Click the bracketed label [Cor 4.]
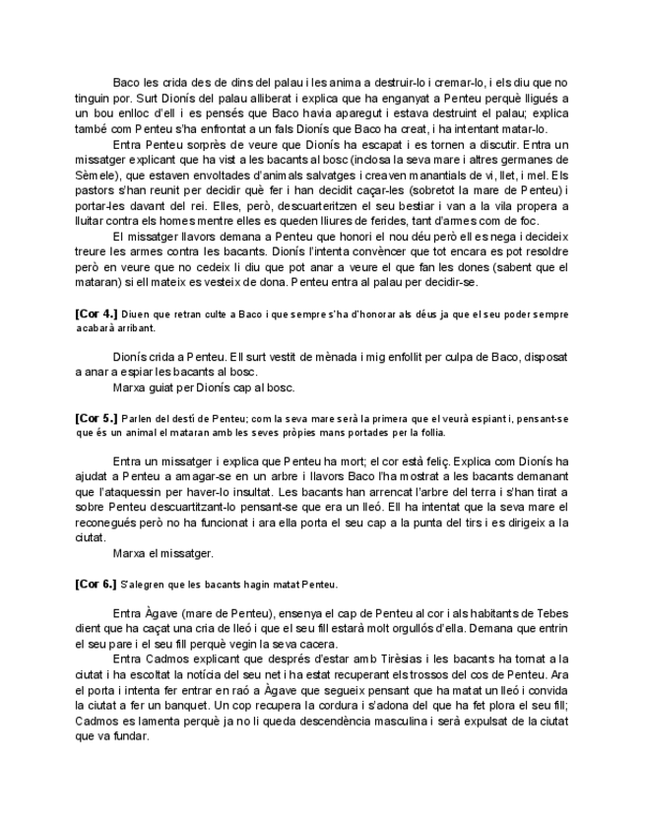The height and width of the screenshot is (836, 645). [x=96, y=313]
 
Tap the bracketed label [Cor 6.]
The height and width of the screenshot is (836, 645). [x=96, y=585]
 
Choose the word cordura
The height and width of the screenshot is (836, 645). [x=360, y=707]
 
